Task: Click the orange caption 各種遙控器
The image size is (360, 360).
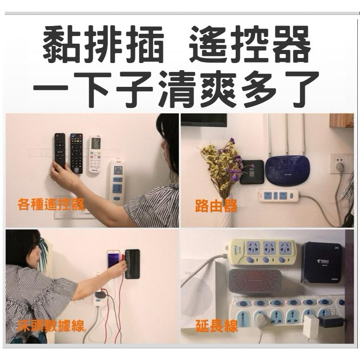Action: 51,205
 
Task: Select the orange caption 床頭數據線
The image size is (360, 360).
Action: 50,326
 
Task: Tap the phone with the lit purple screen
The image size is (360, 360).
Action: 114,265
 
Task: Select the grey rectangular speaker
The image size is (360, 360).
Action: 255,281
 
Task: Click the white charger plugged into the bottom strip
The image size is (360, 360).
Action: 310,325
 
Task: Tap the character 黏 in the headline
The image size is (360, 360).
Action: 63,44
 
